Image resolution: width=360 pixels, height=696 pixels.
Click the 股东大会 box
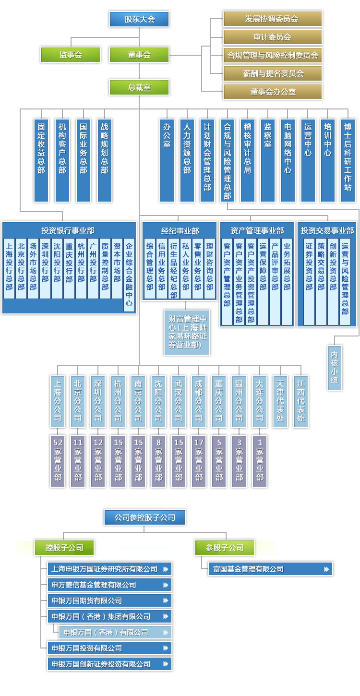click(x=139, y=19)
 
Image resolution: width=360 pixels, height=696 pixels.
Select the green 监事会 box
click(x=71, y=55)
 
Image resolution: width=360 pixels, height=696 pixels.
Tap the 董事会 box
click(x=139, y=55)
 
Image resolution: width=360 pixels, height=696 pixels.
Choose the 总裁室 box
click(x=139, y=87)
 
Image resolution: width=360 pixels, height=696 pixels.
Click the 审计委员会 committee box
click(x=272, y=37)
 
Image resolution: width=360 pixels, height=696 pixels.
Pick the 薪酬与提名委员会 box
click(x=272, y=73)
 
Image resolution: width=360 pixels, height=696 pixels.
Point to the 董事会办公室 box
click(x=272, y=92)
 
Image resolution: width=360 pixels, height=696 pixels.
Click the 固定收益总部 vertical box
click(x=41, y=160)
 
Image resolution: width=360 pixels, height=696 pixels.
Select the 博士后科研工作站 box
click(x=348, y=160)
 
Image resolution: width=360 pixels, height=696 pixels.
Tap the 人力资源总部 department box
click(x=187, y=160)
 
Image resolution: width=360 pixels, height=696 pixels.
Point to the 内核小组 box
click(x=335, y=367)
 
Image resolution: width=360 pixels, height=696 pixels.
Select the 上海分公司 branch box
click(x=58, y=401)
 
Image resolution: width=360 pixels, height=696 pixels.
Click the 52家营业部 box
click(x=58, y=461)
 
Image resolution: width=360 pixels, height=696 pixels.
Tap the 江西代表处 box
click(x=301, y=401)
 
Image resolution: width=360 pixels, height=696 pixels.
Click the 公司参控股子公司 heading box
click(x=144, y=517)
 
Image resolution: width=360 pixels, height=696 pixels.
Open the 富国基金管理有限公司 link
click(x=270, y=569)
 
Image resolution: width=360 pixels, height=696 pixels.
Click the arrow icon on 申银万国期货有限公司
click(x=166, y=600)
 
